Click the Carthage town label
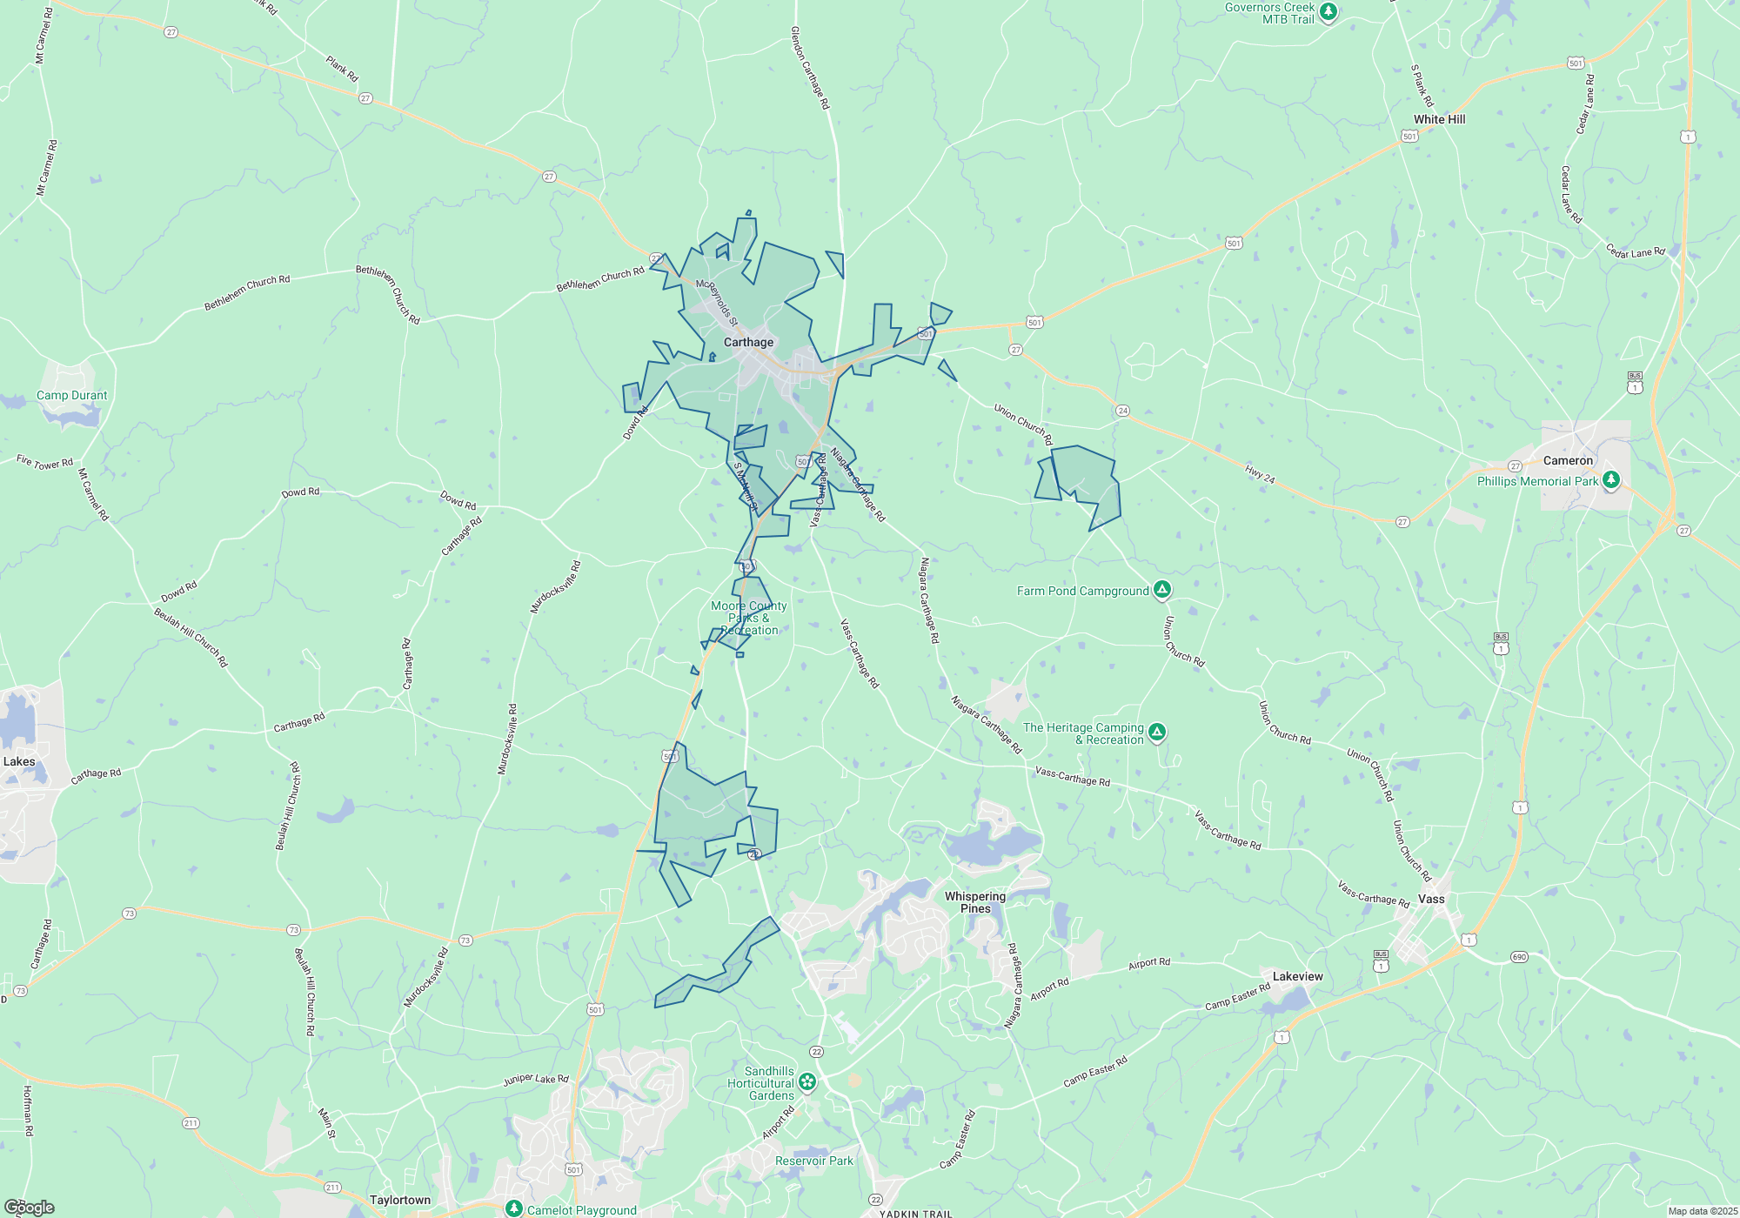click(x=748, y=342)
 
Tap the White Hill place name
click(x=1439, y=119)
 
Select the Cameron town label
click(x=1568, y=460)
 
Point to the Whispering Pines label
click(x=975, y=902)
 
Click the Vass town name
click(x=1431, y=899)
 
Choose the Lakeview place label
click(x=1297, y=976)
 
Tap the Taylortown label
click(x=400, y=1200)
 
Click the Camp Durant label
click(x=72, y=395)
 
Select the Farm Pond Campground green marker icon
click(x=1161, y=590)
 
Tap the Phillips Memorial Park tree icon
click(x=1611, y=479)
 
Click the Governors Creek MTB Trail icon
click(x=1328, y=11)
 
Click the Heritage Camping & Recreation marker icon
click(x=1156, y=733)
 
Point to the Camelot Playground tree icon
click(x=514, y=1209)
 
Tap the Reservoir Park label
click(x=814, y=1161)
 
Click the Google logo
click(x=29, y=1207)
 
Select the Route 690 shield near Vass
click(x=1519, y=957)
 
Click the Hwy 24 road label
click(x=1260, y=474)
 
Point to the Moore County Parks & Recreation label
click(x=749, y=618)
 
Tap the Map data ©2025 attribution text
click(x=1703, y=1211)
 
